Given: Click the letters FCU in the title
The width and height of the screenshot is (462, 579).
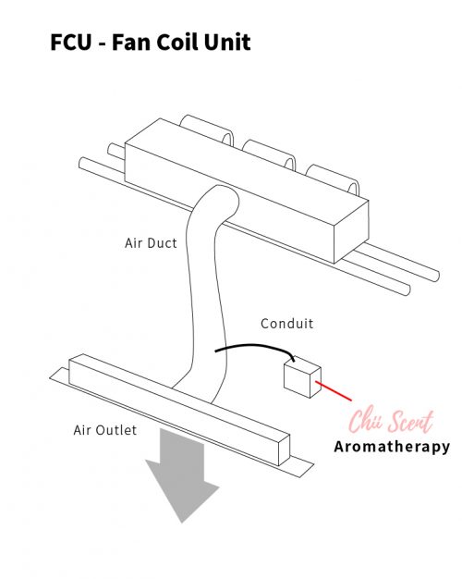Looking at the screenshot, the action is click(x=70, y=42).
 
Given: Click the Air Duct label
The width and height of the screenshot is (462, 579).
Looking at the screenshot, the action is click(x=151, y=243).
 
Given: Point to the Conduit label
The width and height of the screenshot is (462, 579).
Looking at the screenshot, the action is click(x=287, y=324).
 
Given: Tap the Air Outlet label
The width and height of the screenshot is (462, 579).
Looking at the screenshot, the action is click(x=105, y=430).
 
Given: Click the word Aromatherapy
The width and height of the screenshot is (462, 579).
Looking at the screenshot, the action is click(x=392, y=447).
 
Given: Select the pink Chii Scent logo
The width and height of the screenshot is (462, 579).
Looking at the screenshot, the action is click(x=391, y=422).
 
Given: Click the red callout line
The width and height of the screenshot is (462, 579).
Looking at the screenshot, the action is click(x=334, y=390).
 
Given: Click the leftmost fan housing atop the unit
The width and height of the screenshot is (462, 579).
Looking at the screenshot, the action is click(x=207, y=129).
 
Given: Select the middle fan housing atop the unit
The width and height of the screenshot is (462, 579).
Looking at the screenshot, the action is click(x=270, y=154).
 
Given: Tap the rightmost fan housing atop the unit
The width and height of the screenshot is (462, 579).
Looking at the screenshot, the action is click(x=332, y=179).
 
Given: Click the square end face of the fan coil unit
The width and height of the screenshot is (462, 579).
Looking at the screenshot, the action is click(x=351, y=232).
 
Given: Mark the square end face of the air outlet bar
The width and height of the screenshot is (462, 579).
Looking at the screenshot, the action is click(x=285, y=450).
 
